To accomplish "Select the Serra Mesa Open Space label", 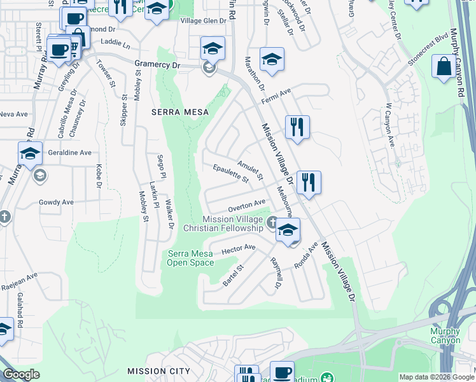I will point(191,258).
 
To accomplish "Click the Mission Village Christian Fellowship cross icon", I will point(272,222).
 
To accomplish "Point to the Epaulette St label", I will point(230,174).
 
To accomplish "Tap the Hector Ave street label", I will point(238,249).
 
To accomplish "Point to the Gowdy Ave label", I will point(56,202).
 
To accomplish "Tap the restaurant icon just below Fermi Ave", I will point(297,127).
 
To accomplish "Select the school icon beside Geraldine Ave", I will point(30,153).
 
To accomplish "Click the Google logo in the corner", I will point(21,374).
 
